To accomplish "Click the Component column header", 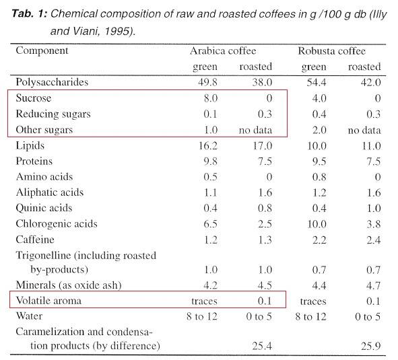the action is (42, 50).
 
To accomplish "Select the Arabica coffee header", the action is (223, 51).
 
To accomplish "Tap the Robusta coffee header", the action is (331, 51).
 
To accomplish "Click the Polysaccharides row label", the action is (52, 82).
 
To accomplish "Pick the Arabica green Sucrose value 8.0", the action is (210, 98).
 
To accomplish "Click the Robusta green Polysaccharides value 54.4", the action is (317, 83).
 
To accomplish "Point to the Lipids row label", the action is (30, 145).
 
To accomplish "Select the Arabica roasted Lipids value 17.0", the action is (262, 146).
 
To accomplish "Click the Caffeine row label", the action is (35, 240).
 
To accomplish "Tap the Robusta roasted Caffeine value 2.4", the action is (373, 240).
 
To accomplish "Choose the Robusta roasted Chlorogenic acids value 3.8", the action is (373, 224).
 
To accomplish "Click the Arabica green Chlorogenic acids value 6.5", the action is (210, 224).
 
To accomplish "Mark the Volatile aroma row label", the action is (48, 301).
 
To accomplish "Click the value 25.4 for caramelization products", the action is (262, 346).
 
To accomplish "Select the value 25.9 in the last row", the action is (371, 346).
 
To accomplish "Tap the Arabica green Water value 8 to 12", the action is (202, 317).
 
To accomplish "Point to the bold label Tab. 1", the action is (30, 13).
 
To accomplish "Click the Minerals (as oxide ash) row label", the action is (69, 285).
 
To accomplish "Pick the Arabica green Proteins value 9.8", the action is (210, 161).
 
